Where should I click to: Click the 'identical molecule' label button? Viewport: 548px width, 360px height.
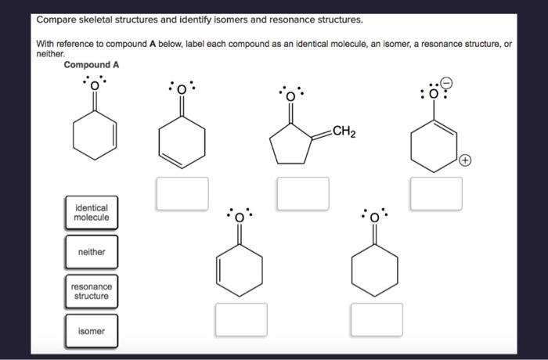[x=92, y=213]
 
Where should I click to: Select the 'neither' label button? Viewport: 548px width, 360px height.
[x=92, y=252]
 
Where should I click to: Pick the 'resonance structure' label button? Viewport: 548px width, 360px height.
[x=92, y=291]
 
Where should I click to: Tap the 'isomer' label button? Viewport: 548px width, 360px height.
[x=92, y=331]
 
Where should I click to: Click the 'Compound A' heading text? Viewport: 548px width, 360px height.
[x=92, y=65]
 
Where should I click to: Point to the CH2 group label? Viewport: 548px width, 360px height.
[x=344, y=131]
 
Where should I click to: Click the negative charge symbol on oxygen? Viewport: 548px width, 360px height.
[x=447, y=81]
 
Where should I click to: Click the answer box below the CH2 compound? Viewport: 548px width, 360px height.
[x=302, y=193]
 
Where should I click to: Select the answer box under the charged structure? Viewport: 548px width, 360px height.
[x=436, y=193]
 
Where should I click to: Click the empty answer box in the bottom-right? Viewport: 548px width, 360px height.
[x=377, y=319]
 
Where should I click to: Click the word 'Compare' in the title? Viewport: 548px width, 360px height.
[x=59, y=19]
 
